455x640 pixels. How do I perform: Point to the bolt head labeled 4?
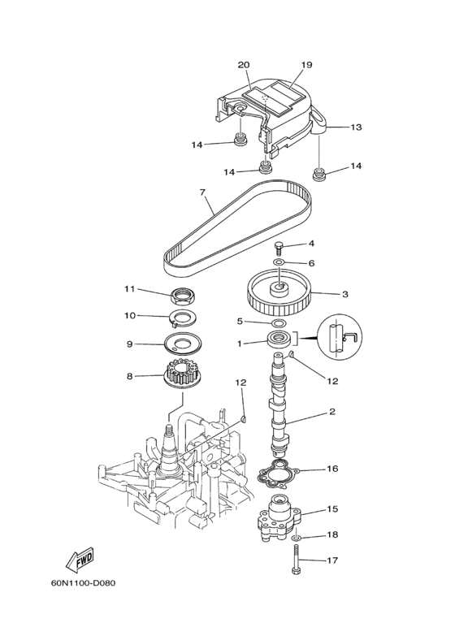point(279,246)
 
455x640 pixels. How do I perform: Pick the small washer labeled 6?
point(278,263)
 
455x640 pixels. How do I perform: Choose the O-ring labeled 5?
point(278,322)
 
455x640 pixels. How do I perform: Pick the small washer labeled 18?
point(294,537)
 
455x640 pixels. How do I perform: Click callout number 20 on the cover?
point(243,65)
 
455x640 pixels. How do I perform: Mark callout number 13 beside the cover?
point(356,128)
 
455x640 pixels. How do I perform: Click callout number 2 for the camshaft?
point(331,413)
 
